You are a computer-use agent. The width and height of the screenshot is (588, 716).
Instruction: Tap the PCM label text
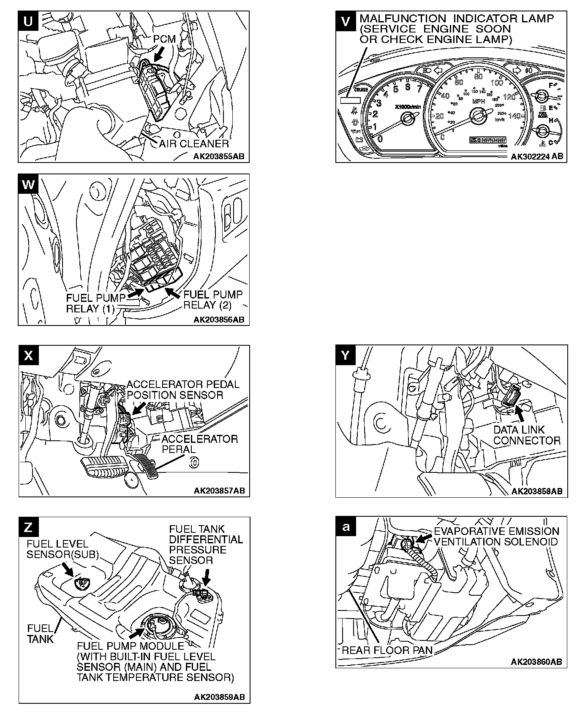[x=164, y=39]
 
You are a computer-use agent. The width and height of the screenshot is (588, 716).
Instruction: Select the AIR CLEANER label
[x=194, y=144]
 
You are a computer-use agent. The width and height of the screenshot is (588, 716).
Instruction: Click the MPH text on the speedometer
[x=479, y=102]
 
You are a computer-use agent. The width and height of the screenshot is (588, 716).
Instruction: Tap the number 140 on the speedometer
[x=514, y=116]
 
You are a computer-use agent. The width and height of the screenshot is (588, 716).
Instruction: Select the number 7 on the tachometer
[x=419, y=88]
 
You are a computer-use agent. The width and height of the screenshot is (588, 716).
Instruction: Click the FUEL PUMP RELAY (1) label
[x=95, y=303]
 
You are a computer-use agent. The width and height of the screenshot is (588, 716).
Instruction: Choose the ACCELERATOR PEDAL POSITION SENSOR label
[x=183, y=390]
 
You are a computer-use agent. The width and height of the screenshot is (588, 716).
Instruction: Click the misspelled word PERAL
[x=179, y=449]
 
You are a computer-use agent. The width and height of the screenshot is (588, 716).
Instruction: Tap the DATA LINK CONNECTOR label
[x=527, y=435]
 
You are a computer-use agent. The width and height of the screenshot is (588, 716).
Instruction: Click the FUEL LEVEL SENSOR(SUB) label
[x=62, y=549]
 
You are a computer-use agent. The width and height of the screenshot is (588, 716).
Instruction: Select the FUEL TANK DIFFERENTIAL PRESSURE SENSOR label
[x=206, y=545]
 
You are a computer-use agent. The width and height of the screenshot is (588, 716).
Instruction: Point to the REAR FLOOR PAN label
[x=387, y=650]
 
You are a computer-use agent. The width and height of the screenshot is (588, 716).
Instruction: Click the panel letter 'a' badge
[x=346, y=527]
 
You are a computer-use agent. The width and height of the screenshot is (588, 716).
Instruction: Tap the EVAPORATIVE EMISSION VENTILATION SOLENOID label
[x=496, y=536]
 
